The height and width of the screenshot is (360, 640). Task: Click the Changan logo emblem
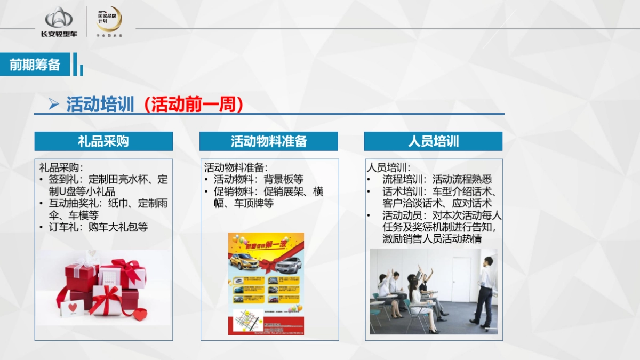59,18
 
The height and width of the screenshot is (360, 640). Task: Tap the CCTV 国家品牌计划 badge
108,20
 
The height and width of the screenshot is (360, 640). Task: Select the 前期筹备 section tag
35,65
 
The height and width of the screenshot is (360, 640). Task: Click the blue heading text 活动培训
100,104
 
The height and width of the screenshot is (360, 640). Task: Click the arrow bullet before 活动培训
53,105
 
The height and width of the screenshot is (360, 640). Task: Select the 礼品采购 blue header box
103,141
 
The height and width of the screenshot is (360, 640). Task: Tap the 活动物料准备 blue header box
269,141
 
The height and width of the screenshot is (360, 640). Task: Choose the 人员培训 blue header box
433,141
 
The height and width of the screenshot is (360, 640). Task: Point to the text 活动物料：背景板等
258,180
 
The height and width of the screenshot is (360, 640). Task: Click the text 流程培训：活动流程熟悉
437,180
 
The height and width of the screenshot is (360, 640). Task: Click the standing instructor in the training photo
484,291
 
